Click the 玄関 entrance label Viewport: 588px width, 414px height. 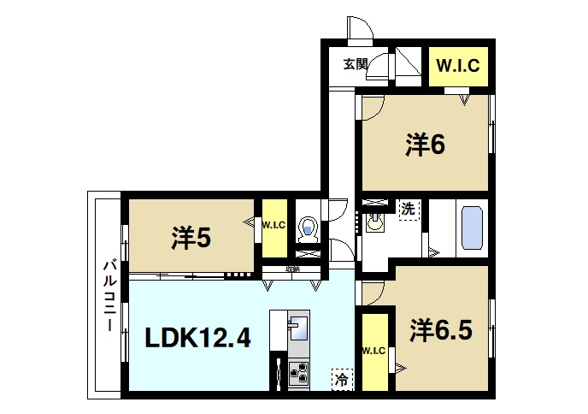click(x=356, y=63)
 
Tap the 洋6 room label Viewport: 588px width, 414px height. click(x=425, y=145)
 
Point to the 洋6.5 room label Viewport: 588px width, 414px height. click(x=440, y=329)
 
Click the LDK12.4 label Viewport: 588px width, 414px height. click(x=197, y=338)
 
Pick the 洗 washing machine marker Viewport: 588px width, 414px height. click(x=409, y=208)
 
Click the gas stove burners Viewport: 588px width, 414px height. click(x=300, y=373)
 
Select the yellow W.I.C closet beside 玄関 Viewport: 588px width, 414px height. click(x=457, y=64)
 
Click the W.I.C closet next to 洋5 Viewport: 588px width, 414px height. click(x=273, y=227)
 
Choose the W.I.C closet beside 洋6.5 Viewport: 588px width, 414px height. click(x=373, y=351)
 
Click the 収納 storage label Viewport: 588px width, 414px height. click(x=293, y=269)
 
